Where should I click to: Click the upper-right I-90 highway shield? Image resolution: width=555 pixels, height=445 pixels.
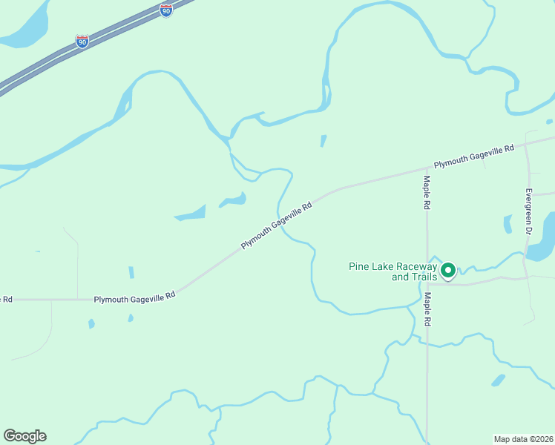(x=166, y=10)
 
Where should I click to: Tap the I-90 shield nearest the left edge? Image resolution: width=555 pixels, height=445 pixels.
(x=82, y=42)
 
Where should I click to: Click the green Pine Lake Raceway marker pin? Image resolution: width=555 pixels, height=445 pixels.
(x=448, y=271)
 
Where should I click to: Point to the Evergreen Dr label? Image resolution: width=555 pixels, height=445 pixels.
(x=529, y=212)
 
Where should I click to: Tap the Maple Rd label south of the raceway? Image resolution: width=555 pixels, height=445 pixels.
(x=427, y=310)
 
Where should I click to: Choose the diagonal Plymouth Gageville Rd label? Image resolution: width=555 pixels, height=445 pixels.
(x=276, y=225)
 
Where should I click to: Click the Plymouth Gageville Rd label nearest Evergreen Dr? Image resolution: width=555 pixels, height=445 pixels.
(x=474, y=157)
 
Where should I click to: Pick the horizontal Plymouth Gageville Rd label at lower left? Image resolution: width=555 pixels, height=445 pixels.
(x=134, y=296)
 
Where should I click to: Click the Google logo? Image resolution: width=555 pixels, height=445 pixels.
(x=24, y=436)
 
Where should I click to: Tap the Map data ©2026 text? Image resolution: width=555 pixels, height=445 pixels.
(x=523, y=438)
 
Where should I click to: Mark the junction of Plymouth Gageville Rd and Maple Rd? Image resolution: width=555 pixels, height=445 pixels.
(x=427, y=169)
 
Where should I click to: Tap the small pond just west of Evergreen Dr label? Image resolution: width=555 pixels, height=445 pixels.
(x=508, y=223)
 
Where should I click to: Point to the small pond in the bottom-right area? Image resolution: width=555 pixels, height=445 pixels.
(x=498, y=380)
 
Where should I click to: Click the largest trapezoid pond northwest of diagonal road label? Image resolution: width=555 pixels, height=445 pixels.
(x=191, y=214)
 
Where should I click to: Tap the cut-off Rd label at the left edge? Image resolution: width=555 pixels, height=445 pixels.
(x=6, y=300)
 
